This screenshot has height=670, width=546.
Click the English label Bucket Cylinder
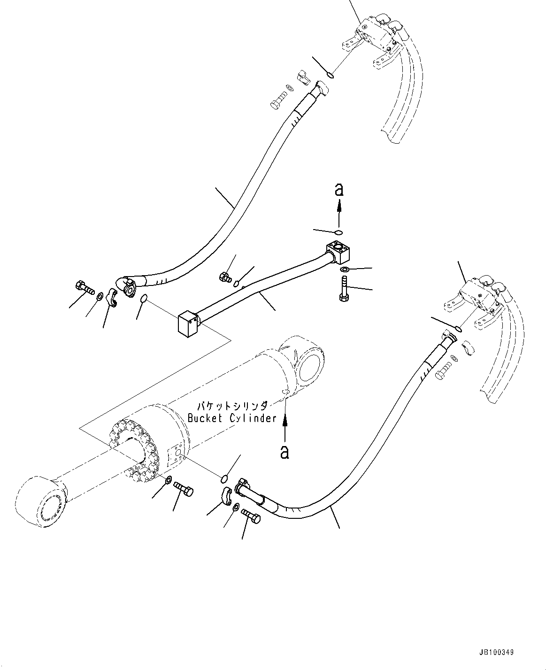[232, 418]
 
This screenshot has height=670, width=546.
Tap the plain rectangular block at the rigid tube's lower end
[187, 324]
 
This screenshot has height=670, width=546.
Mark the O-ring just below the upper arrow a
[338, 231]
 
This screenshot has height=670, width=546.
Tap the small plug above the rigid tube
[226, 277]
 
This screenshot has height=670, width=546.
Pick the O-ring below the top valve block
[331, 74]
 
